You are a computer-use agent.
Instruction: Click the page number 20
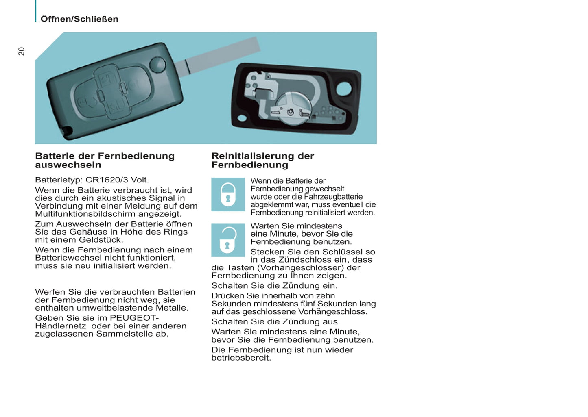click(x=21, y=51)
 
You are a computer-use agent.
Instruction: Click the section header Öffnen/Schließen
click(x=79, y=19)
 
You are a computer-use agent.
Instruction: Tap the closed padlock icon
click(x=228, y=195)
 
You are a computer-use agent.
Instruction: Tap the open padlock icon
click(x=228, y=240)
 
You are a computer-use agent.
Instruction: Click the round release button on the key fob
click(x=157, y=65)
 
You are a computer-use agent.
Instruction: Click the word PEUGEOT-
click(x=134, y=318)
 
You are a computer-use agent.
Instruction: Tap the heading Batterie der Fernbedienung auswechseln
click(x=105, y=160)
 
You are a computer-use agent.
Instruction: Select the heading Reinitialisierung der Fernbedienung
click(x=262, y=160)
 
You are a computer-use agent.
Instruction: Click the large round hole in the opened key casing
click(x=344, y=88)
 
